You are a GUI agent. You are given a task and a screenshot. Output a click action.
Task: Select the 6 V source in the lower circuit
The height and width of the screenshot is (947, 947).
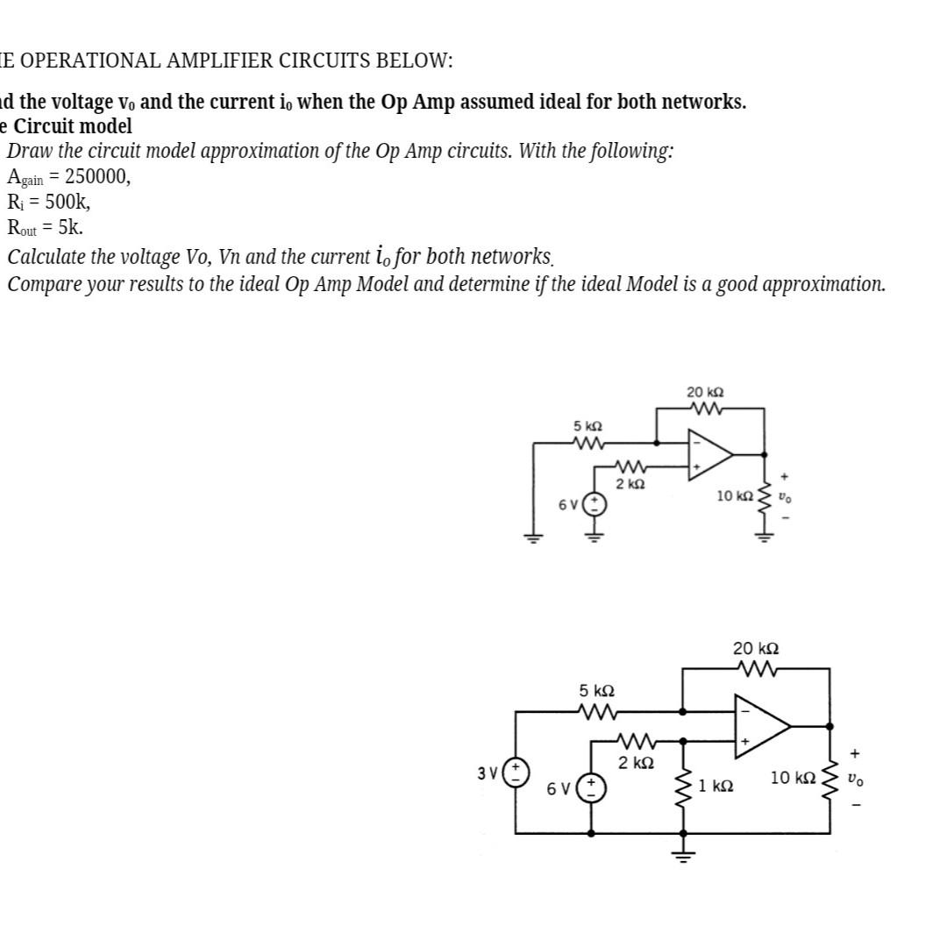pyautogui.click(x=591, y=786)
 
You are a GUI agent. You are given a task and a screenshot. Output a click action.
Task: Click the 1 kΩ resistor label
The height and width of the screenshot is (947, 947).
pyautogui.click(x=716, y=786)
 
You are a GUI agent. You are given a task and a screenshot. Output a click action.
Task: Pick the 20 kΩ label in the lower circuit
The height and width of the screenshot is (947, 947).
pyautogui.click(x=756, y=649)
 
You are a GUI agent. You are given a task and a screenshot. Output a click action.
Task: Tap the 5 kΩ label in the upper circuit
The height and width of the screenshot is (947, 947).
pyautogui.click(x=588, y=425)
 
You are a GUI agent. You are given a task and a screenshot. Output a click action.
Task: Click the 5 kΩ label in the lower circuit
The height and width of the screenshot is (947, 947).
pyautogui.click(x=596, y=690)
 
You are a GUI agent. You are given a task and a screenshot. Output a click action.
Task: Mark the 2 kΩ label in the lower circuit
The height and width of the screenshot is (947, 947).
pyautogui.click(x=637, y=763)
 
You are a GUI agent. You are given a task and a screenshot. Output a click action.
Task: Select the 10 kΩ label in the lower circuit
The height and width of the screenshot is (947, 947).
pyautogui.click(x=793, y=778)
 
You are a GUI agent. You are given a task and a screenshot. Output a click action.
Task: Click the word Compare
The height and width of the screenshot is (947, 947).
pyautogui.click(x=45, y=284)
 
